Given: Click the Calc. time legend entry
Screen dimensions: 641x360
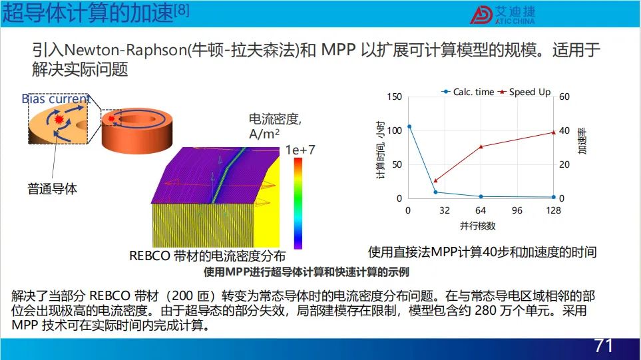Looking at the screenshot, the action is pyautogui.click(x=468, y=92).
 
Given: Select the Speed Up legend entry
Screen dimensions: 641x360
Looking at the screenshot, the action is pyautogui.click(x=525, y=92).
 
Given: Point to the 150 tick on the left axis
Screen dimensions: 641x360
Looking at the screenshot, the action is pyautogui.click(x=395, y=97).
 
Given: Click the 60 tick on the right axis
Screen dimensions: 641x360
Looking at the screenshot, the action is pyautogui.click(x=564, y=97).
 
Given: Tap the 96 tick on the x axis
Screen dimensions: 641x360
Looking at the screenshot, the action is pyautogui.click(x=517, y=210).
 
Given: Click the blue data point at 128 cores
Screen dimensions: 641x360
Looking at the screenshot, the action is pyautogui.click(x=554, y=197).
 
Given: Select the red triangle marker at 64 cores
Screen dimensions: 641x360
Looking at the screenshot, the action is pyautogui.click(x=481, y=146).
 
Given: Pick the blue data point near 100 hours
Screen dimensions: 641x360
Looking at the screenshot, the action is pyautogui.click(x=409, y=126).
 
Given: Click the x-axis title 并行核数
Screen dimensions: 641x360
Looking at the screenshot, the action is pyautogui.click(x=477, y=226).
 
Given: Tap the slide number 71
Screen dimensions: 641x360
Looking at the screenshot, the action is pyautogui.click(x=604, y=346).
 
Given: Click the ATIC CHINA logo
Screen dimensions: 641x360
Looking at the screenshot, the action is pyautogui.click(x=503, y=15).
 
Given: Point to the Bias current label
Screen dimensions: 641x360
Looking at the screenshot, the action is pyautogui.click(x=56, y=99).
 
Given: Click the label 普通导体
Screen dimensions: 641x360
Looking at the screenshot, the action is pyautogui.click(x=52, y=189).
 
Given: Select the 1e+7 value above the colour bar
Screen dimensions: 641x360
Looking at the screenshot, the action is pyautogui.click(x=300, y=150).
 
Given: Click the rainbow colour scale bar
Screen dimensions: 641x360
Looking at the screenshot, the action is pyautogui.click(x=298, y=204).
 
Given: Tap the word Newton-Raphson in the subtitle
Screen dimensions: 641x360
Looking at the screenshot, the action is pyautogui.click(x=126, y=50).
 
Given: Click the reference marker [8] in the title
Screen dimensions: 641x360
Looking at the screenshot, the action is pyautogui.click(x=182, y=9).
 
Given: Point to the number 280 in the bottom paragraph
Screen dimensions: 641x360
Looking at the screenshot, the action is pyautogui.click(x=485, y=311).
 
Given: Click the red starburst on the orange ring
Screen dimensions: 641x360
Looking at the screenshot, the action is pyautogui.click(x=111, y=118).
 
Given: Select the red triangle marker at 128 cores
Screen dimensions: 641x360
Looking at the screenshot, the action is pyautogui.click(x=554, y=132).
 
